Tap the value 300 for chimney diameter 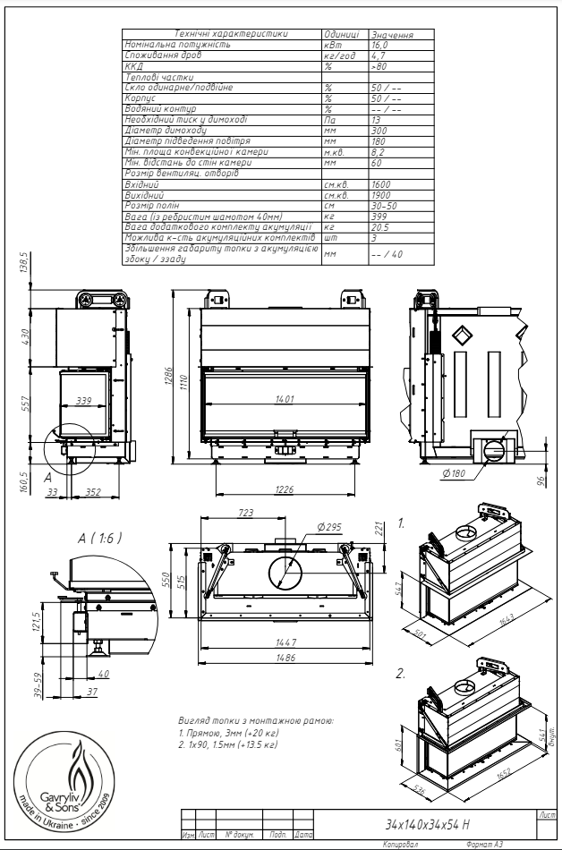[377, 131]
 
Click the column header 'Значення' [391, 35]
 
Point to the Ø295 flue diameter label [328, 527]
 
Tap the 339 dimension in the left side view [86, 401]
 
